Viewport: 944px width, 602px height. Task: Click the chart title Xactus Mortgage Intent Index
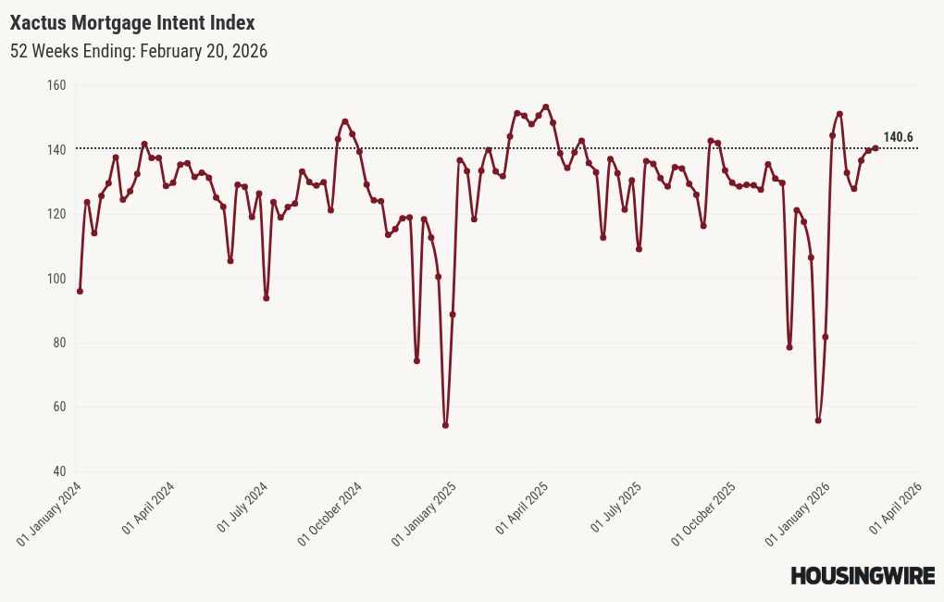132,22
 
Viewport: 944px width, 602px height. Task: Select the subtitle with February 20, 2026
139,52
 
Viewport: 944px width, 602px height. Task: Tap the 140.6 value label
898,138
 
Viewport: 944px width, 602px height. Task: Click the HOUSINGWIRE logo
862,576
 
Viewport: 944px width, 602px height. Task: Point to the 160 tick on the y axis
56,85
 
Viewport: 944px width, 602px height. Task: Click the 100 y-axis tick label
56,279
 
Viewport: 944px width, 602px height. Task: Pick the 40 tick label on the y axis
59,471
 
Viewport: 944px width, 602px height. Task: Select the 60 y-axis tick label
59,408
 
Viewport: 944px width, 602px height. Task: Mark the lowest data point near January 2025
445,425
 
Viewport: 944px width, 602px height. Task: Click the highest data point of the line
546,107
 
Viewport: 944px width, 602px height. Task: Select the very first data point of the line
80,291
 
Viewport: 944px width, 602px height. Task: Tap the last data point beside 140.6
876,148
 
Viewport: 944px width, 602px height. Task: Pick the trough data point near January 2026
818,420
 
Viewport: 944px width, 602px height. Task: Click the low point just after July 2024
266,298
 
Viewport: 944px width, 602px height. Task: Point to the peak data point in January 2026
839,114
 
